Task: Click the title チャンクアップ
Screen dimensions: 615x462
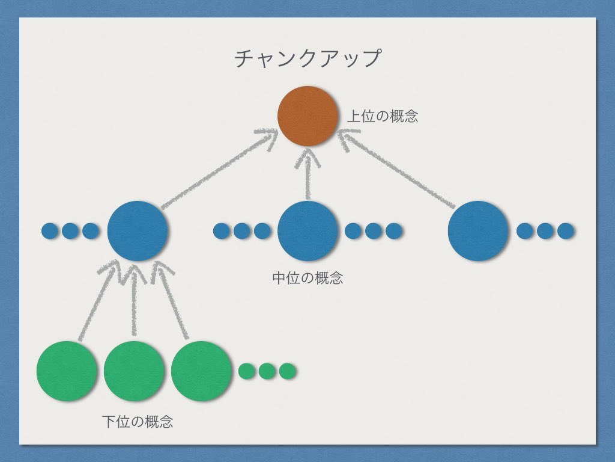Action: point(307,58)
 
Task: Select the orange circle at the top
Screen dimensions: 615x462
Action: point(308,116)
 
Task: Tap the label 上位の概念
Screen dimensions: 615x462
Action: point(383,116)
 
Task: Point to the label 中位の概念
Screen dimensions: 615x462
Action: point(307,278)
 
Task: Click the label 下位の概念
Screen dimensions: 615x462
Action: point(138,422)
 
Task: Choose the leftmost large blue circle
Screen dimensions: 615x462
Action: point(138,231)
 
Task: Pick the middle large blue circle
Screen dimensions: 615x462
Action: point(308,231)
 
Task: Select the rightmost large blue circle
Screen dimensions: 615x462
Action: point(478,231)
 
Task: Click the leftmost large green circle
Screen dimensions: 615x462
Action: point(67,371)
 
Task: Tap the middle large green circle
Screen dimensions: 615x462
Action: point(134,371)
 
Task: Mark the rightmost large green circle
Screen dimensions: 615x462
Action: point(202,371)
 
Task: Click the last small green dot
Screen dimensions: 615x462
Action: point(287,371)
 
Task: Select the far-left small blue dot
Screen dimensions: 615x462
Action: point(49,231)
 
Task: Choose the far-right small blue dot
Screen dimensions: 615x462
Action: point(566,231)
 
